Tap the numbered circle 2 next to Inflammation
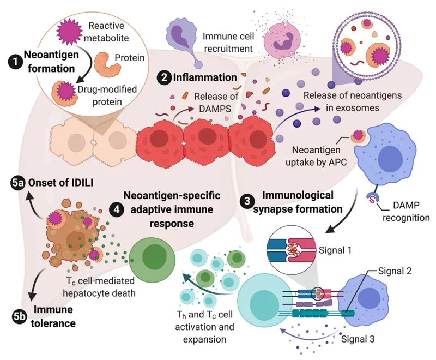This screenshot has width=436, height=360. pos(162,77)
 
